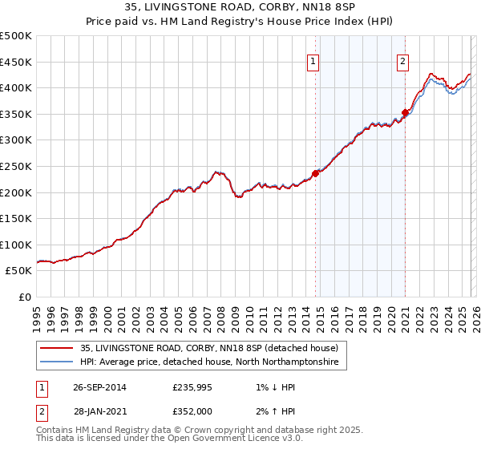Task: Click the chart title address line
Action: pos(240,9)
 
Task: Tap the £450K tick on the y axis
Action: pos(16,62)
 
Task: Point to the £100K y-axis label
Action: pos(16,245)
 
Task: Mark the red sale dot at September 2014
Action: pos(316,172)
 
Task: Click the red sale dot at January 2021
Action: pos(406,112)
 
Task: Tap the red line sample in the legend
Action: pos(57,348)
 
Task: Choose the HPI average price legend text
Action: pos(210,362)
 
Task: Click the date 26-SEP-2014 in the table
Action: pos(99,388)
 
